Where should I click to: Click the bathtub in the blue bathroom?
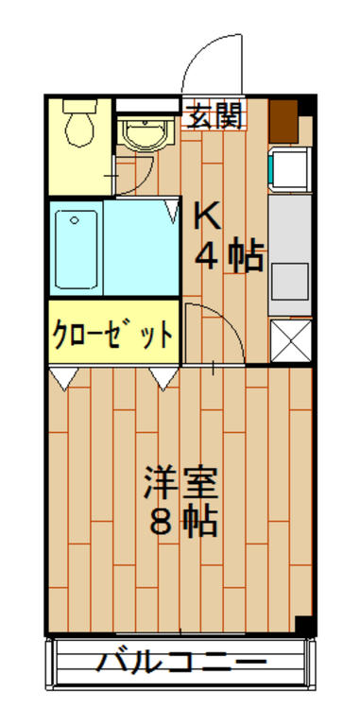(x=77, y=249)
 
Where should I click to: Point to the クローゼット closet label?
(x=112, y=334)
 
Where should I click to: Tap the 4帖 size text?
(x=230, y=256)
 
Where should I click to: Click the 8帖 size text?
(x=181, y=522)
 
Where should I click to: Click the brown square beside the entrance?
(x=283, y=118)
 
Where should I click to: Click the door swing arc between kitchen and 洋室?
(x=219, y=331)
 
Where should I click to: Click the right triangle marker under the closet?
(x=163, y=379)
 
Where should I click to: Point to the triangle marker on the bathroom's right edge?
(x=171, y=209)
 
